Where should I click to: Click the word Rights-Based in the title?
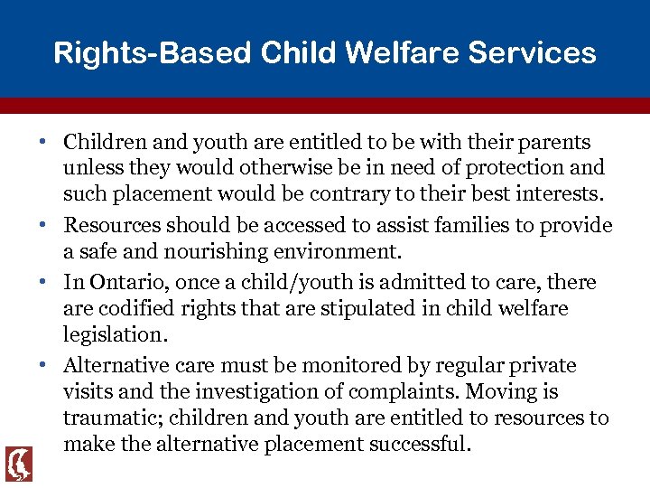coord(153,52)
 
